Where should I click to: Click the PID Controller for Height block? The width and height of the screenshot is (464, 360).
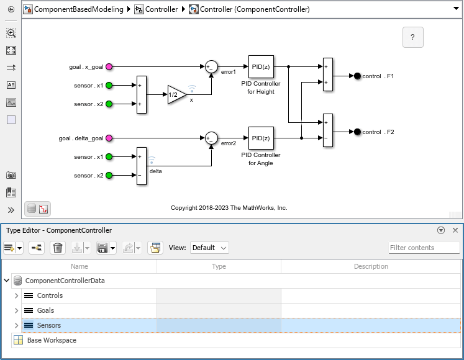tap(261, 66)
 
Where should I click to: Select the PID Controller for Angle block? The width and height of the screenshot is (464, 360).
tap(261, 138)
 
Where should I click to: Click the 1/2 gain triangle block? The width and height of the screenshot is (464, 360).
tap(176, 94)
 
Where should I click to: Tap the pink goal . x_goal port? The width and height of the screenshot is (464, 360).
tap(109, 66)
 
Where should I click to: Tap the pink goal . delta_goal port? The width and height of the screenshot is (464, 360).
tap(109, 138)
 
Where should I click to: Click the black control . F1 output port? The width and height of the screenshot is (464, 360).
tap(357, 76)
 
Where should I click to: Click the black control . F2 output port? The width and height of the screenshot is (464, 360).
tap(357, 132)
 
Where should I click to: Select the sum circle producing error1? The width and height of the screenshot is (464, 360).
tap(211, 66)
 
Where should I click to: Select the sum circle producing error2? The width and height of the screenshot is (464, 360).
tap(211, 138)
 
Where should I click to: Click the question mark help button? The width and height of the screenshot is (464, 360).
tap(412, 37)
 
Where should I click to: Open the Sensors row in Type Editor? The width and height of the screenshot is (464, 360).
tap(48, 325)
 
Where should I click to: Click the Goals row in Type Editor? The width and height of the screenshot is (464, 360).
tap(45, 310)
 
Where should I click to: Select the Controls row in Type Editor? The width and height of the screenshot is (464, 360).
tap(50, 295)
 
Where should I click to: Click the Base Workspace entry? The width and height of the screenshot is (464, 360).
tap(52, 340)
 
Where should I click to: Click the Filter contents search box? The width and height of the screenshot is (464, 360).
tap(424, 248)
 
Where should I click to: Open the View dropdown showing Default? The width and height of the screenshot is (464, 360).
tap(209, 248)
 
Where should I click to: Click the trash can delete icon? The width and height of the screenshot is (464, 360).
tap(57, 248)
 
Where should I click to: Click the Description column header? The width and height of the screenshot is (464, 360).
tap(371, 266)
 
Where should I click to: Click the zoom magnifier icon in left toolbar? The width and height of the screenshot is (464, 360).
tap(11, 34)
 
